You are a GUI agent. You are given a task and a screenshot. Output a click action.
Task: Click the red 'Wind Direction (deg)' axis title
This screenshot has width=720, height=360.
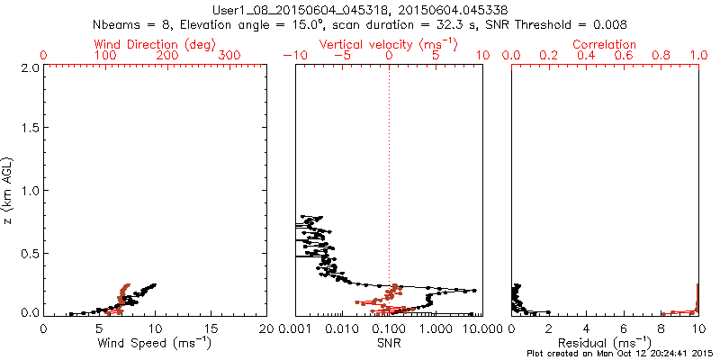[155, 44]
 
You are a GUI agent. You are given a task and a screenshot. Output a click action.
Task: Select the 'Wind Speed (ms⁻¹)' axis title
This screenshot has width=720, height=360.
[155, 342]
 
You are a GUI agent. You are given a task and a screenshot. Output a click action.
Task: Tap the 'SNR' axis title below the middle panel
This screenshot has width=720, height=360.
[388, 342]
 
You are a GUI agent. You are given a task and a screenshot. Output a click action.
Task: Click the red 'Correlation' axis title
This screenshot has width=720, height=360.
[605, 44]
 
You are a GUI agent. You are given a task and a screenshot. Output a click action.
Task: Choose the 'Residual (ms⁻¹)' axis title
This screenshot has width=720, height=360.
[605, 342]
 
